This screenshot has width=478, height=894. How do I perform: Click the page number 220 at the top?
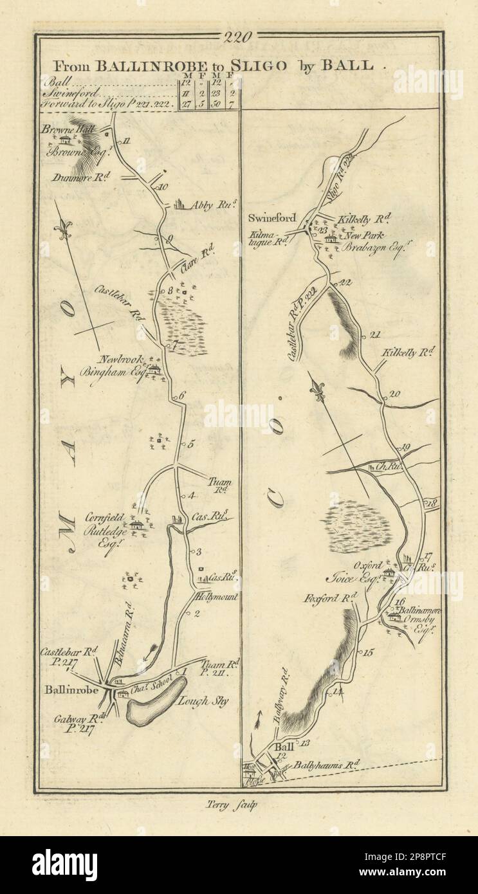point(238,37)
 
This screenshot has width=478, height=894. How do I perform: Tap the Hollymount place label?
point(216,597)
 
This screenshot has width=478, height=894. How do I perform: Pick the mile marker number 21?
point(377,334)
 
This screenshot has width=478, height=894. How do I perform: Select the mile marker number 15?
point(368,653)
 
